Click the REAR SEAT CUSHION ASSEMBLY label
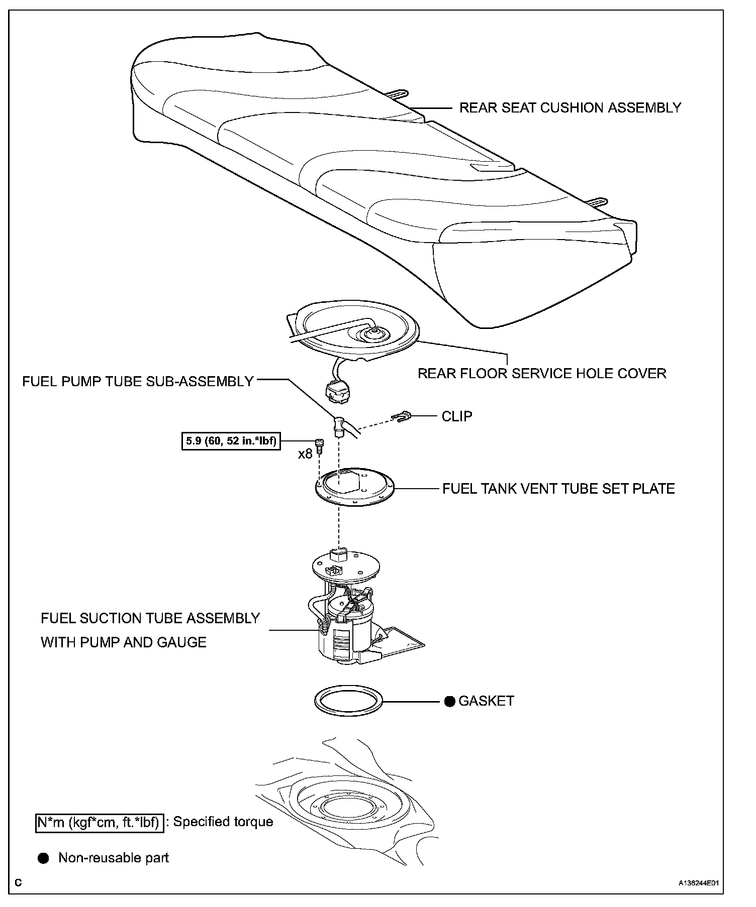tap(570, 107)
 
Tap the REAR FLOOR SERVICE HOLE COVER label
tap(542, 373)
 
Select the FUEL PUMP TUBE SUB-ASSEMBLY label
tap(138, 381)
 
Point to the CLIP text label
tap(457, 416)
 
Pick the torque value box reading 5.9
tap(231, 442)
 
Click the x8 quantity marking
tap(305, 454)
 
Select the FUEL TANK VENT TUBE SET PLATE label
tap(558, 489)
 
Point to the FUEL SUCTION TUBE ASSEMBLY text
tap(150, 618)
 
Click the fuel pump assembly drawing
tap(347, 618)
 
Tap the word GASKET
tap(486, 701)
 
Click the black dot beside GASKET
tap(450, 701)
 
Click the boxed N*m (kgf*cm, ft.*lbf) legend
tap(100, 822)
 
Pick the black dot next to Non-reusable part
tap(44, 858)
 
